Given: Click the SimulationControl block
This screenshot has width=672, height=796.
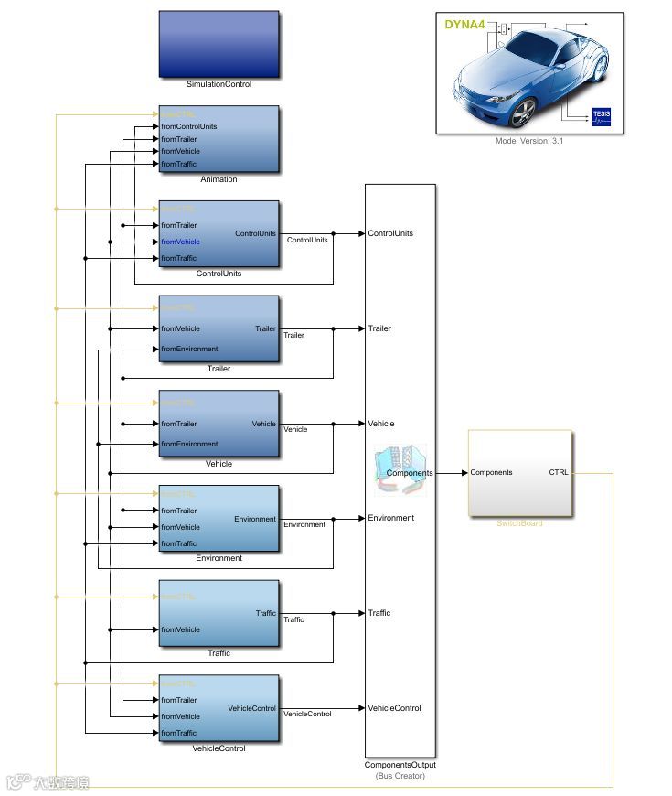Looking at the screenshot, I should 219,44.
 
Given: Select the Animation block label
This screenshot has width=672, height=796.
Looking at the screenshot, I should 219,179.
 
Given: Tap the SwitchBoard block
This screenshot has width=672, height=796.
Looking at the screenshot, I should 519,474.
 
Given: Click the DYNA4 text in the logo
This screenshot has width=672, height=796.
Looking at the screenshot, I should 464,25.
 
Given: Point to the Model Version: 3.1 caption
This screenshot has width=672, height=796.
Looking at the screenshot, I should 529,141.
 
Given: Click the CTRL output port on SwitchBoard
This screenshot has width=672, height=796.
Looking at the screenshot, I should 558,473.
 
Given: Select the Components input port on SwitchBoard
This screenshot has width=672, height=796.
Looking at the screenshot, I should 491,473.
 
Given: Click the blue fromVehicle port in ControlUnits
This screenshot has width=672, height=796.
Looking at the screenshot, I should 180,242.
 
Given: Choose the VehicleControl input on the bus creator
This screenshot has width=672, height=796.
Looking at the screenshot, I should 394,708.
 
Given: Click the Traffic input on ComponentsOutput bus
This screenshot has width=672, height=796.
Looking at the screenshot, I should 379,613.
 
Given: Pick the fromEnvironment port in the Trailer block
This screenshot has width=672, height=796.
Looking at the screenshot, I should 189,349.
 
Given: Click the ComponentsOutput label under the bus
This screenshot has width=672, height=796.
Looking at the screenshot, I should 400,765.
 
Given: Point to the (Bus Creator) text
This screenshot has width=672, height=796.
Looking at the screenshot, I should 400,776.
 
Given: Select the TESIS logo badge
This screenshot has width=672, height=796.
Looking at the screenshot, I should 601,114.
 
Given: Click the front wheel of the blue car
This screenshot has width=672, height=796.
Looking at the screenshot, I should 523,113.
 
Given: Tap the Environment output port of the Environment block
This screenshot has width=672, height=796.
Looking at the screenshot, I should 255,519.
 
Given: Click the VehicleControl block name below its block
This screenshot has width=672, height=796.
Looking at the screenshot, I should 219,748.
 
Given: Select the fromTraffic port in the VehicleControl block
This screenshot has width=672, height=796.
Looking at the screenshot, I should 179,733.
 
